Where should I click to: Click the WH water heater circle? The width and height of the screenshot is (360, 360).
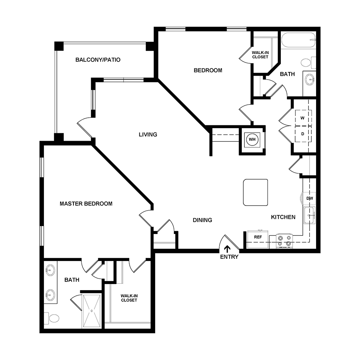point(252,139)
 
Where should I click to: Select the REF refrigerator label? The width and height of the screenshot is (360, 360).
point(258,237)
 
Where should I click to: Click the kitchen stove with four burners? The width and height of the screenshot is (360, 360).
point(284,240)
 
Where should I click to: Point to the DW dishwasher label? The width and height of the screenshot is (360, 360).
point(309,198)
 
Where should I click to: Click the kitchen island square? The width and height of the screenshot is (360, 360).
point(256,192)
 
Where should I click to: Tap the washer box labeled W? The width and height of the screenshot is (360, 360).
point(303,118)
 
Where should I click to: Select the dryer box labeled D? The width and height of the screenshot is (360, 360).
point(303,134)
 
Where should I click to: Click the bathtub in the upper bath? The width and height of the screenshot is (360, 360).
point(298,40)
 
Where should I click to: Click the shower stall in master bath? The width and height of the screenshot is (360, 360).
point(92,310)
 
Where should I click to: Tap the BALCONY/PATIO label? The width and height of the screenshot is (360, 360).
point(98,60)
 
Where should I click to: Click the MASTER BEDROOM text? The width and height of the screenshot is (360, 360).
point(86,204)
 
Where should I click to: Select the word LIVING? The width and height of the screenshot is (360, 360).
point(148,135)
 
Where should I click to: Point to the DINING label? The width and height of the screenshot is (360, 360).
point(202,220)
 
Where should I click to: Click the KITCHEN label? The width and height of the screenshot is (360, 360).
point(283,217)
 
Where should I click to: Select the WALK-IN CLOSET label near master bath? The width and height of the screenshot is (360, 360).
point(129,298)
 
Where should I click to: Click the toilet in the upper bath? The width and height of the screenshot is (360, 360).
point(306,63)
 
